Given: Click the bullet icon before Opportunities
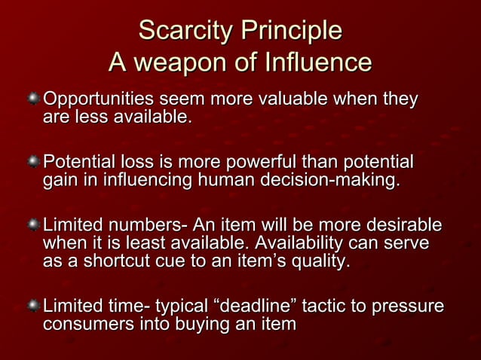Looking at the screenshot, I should [x=33, y=100].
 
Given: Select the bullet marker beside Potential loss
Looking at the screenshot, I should [x=33, y=163].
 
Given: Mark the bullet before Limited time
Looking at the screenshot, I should [x=33, y=307].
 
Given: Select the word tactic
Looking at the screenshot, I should [x=326, y=307].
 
